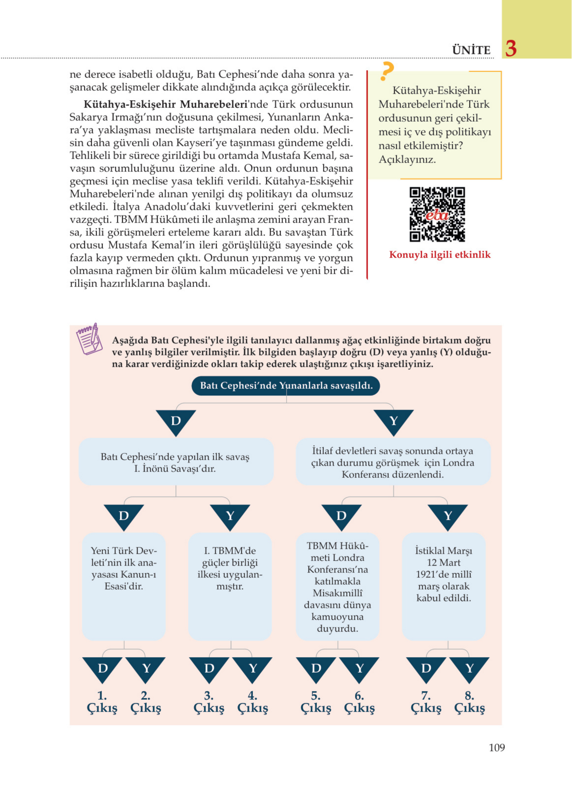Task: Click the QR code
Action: point(437,214)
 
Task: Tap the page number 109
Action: point(496,747)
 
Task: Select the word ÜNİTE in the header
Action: point(471,50)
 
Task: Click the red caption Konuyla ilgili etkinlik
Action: point(440,255)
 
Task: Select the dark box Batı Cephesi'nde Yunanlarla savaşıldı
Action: point(286,386)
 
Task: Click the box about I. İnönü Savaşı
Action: point(175,462)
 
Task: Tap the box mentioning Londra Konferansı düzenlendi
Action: point(393,462)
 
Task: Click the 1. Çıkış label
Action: point(102,702)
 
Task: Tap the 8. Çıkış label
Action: point(469,702)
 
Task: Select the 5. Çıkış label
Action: point(316,702)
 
